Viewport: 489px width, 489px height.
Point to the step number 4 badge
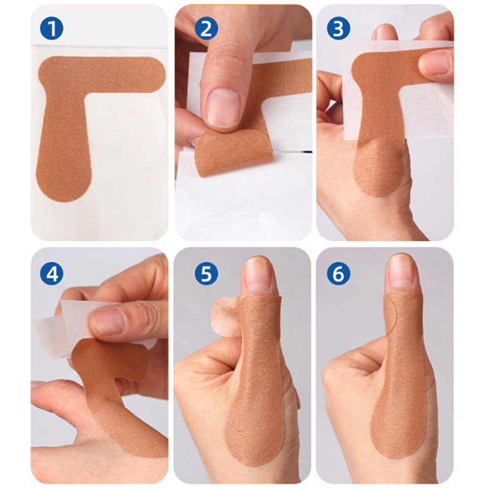[x=52, y=274]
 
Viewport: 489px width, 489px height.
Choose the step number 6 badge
[x=338, y=274]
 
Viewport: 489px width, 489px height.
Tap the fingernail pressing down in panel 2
[x=222, y=107]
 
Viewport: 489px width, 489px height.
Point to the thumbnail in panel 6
[x=402, y=272]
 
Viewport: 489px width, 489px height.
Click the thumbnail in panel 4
[x=111, y=321]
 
